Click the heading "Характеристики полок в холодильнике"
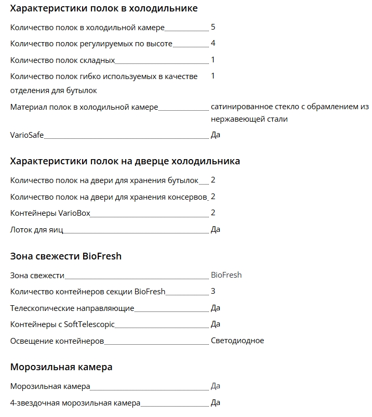pyautogui.click(x=104, y=9)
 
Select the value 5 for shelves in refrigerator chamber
pyautogui.click(x=213, y=27)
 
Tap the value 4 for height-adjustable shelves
pyautogui.click(x=213, y=43)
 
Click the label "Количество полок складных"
pyautogui.click(x=62, y=60)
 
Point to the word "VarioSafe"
pyautogui.click(x=27, y=135)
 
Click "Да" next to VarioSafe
pyautogui.click(x=216, y=135)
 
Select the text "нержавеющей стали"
pyautogui.click(x=249, y=119)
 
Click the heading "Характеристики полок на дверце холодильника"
pyautogui.click(x=125, y=161)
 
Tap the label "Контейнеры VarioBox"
pyautogui.click(x=50, y=213)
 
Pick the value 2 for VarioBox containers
pyautogui.click(x=213, y=213)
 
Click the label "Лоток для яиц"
pyautogui.click(x=36, y=229)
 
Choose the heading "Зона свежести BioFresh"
pyautogui.click(x=66, y=256)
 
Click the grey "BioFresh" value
pyautogui.click(x=227, y=275)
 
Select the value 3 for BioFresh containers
pyautogui.click(x=213, y=291)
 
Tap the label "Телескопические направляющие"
pyautogui.click(x=72, y=308)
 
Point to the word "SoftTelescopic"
pyautogui.click(x=89, y=324)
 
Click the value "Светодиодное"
pyautogui.click(x=237, y=341)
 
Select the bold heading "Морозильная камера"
pyautogui.click(x=61, y=367)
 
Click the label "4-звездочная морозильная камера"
pyautogui.click(x=75, y=403)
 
